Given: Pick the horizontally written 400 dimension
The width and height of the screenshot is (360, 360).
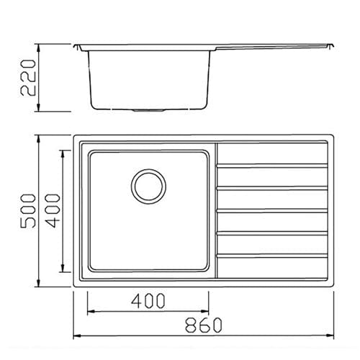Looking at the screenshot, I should [x=148, y=301].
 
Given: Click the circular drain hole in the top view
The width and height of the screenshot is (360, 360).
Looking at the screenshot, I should [x=148, y=186].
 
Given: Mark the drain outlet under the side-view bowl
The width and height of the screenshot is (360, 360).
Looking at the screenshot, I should [x=148, y=111].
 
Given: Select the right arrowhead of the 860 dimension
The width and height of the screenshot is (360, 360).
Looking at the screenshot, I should [x=332, y=336].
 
